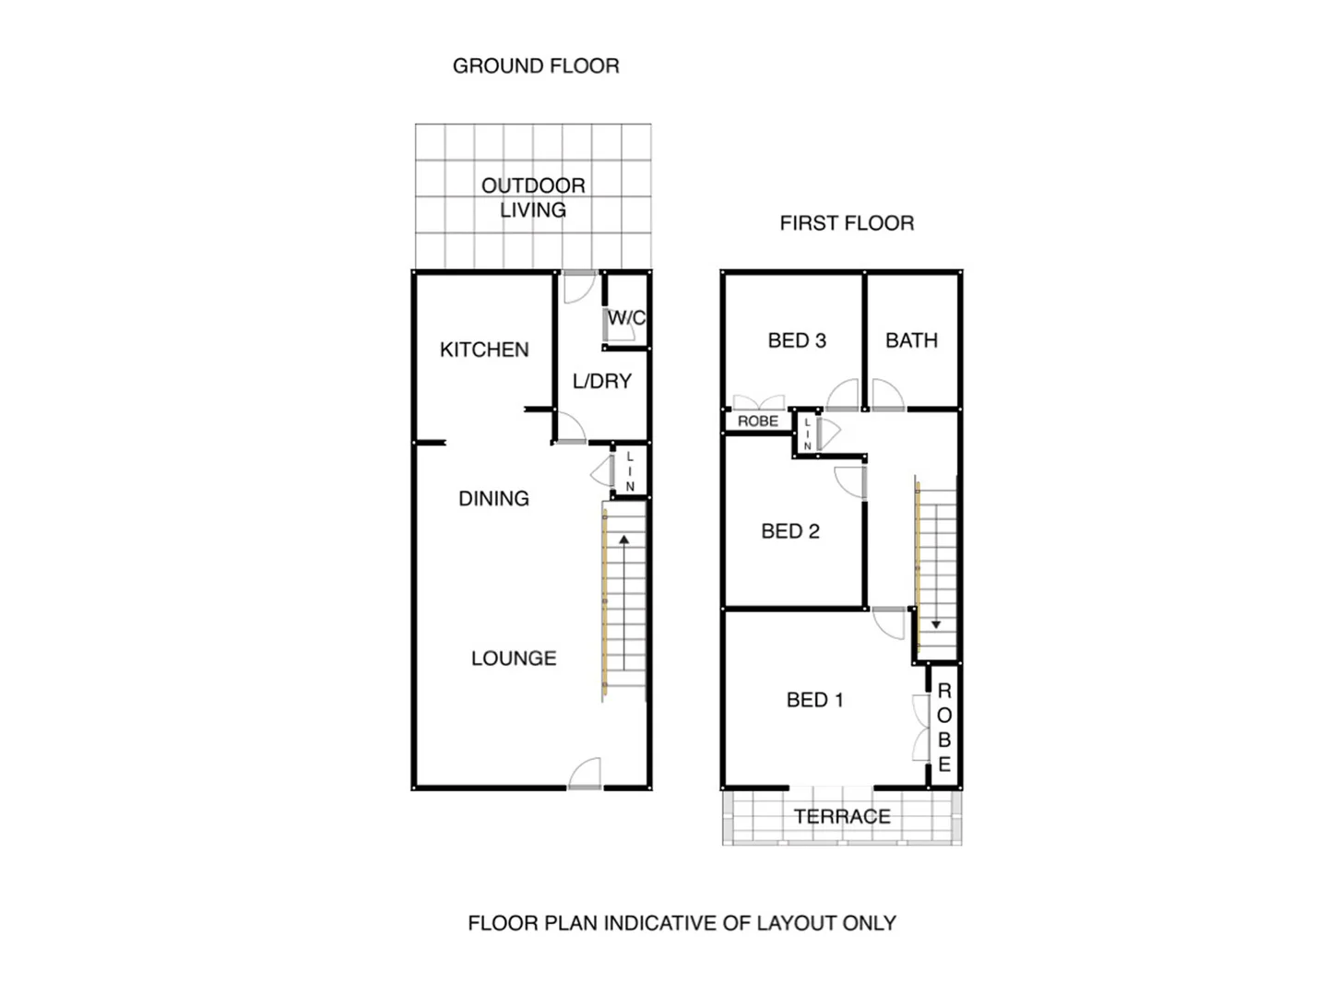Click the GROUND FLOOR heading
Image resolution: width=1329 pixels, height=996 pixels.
click(535, 66)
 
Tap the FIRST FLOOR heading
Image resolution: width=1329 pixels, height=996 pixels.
click(846, 223)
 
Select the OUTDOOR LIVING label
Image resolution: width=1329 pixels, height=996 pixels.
click(533, 197)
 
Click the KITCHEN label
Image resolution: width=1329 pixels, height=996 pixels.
click(484, 350)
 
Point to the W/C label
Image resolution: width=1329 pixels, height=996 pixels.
click(626, 318)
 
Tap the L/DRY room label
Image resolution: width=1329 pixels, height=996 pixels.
click(601, 381)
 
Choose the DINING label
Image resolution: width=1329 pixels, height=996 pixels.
click(493, 499)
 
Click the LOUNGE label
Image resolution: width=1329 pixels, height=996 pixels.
click(514, 658)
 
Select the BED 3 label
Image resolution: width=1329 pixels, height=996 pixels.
click(797, 340)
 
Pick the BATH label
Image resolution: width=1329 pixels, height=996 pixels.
click(911, 340)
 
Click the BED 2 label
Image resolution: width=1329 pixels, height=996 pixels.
click(790, 531)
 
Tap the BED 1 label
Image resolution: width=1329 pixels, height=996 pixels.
click(814, 700)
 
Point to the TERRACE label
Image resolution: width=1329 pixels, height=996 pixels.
click(842, 816)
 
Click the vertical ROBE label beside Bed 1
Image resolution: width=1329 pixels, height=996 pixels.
click(944, 728)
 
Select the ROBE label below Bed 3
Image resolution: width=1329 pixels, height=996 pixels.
click(758, 421)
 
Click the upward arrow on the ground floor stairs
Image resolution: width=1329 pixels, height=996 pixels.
click(624, 539)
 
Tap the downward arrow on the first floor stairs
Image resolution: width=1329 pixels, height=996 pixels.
click(935, 624)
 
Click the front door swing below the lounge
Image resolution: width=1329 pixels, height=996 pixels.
click(585, 775)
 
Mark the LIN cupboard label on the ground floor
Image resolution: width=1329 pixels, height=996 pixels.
click(630, 471)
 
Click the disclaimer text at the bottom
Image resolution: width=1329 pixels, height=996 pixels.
click(682, 923)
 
